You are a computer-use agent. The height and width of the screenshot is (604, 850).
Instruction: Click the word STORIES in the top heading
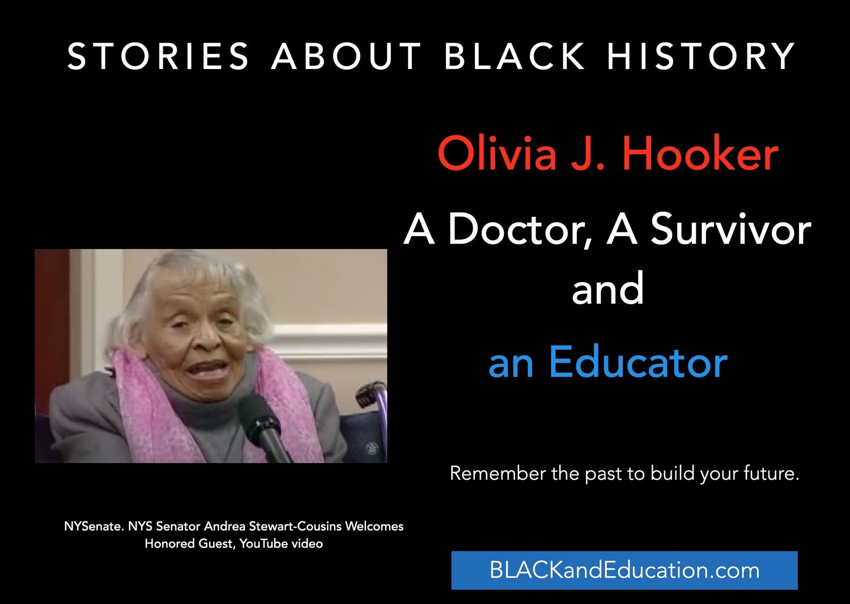pyautogui.click(x=158, y=56)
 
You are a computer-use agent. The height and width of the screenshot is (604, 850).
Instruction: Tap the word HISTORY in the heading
pyautogui.click(x=702, y=56)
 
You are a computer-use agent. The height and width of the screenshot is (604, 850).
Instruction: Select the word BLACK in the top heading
pyautogui.click(x=515, y=56)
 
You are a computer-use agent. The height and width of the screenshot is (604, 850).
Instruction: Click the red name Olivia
pyautogui.click(x=497, y=154)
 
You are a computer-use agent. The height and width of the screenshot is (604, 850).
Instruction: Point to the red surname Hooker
pyautogui.click(x=700, y=154)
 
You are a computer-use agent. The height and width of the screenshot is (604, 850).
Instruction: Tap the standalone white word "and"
pyautogui.click(x=607, y=288)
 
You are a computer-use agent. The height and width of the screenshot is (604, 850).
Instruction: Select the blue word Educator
pyautogui.click(x=637, y=363)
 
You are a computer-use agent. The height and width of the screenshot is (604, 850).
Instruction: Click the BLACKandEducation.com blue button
pyautogui.click(x=624, y=570)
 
